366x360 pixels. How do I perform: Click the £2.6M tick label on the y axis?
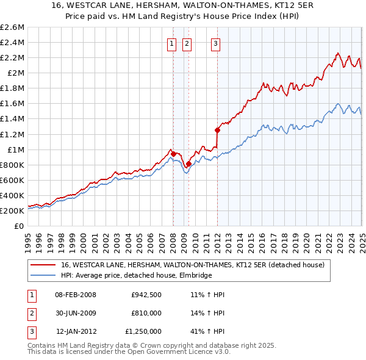click(13, 27)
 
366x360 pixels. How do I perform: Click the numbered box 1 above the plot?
click(171, 43)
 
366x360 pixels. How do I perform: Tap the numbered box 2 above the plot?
click(186, 43)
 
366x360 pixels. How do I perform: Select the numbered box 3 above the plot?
click(216, 43)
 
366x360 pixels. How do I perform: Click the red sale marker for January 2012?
click(217, 129)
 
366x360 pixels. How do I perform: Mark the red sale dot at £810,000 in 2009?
click(188, 164)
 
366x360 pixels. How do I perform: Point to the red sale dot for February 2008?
click(173, 154)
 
